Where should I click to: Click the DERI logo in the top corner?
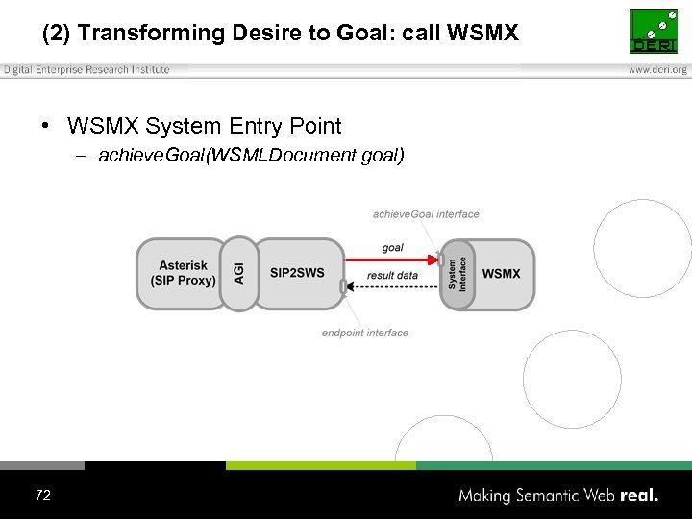tap(653, 32)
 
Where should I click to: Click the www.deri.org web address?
tap(657, 70)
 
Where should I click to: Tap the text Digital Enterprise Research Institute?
tap(86, 69)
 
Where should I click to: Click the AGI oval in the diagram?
tap(239, 274)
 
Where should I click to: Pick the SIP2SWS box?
tap(298, 274)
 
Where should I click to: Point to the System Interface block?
tap(457, 274)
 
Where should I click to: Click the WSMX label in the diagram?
tap(501, 274)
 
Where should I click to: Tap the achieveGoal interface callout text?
tap(426, 214)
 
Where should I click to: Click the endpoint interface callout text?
tap(365, 333)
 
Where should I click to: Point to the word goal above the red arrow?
tap(392, 248)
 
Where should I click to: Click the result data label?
tap(392, 276)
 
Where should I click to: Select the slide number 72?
tap(42, 495)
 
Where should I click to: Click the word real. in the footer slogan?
tap(640, 496)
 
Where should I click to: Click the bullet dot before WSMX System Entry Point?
tap(45, 127)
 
